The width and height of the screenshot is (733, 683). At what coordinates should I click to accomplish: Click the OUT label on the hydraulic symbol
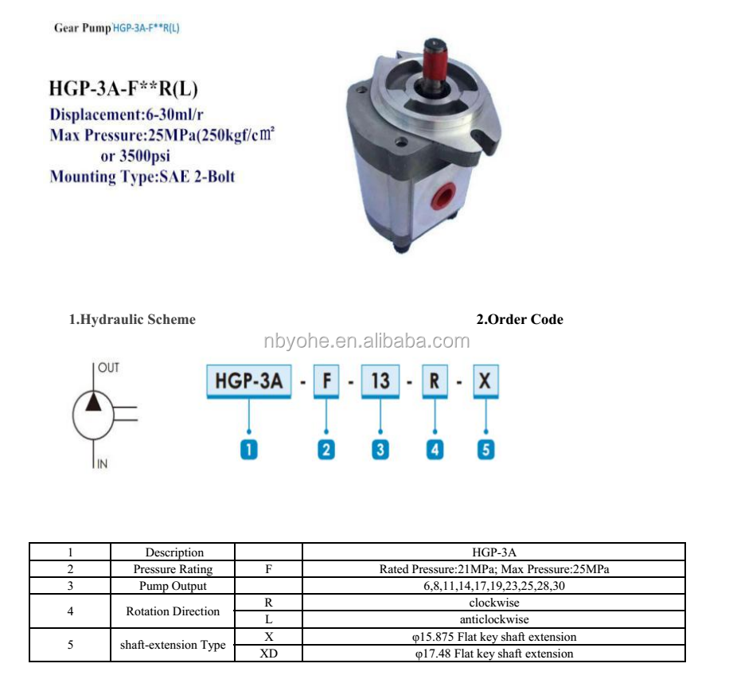pyautogui.click(x=109, y=368)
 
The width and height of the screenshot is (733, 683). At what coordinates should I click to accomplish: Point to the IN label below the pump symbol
pyautogui.click(x=102, y=464)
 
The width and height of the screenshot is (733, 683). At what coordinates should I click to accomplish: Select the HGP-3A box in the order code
pyautogui.click(x=248, y=381)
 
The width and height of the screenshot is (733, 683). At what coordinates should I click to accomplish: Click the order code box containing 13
pyautogui.click(x=380, y=381)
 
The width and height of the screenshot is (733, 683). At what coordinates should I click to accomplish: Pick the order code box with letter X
pyautogui.click(x=485, y=381)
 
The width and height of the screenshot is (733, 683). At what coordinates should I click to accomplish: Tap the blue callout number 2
pyautogui.click(x=326, y=450)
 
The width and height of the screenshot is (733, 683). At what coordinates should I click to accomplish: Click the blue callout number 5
pyautogui.click(x=485, y=450)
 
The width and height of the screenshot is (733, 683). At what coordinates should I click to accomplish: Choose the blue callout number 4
pyautogui.click(x=435, y=450)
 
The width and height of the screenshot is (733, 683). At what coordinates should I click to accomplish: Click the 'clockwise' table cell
pyautogui.click(x=493, y=603)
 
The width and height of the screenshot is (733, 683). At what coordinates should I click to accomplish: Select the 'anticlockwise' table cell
pyautogui.click(x=493, y=619)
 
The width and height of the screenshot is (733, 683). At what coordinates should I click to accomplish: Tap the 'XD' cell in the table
pyautogui.click(x=269, y=654)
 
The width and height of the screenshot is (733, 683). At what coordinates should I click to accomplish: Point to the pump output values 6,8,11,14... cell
pyautogui.click(x=493, y=586)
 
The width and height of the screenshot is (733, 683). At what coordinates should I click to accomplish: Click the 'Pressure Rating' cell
pyautogui.click(x=173, y=569)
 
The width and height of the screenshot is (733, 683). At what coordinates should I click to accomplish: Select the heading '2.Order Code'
pyautogui.click(x=519, y=319)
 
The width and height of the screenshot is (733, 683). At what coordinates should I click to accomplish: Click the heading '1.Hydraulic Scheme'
pyautogui.click(x=131, y=319)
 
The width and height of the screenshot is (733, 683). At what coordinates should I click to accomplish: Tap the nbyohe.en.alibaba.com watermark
pyautogui.click(x=366, y=341)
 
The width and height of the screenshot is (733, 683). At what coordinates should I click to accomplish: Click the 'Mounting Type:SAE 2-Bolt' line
pyautogui.click(x=142, y=177)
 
